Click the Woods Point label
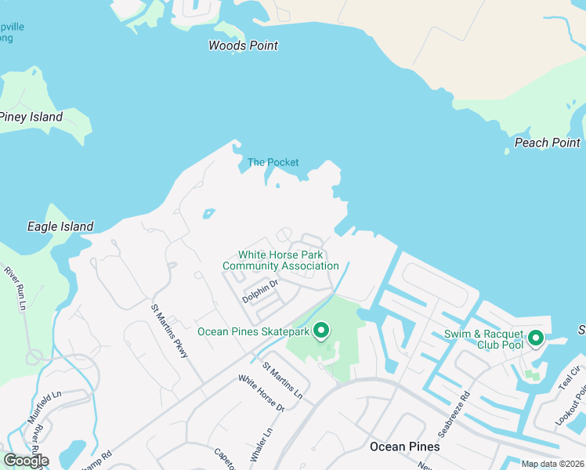tap(243, 45)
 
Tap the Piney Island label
tap(31, 117)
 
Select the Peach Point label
tap(548, 143)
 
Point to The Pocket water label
tap(273, 162)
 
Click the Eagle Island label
tap(60, 226)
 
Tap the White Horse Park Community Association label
tap(280, 260)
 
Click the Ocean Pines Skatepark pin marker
tap(320, 331)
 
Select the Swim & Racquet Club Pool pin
tap(536, 338)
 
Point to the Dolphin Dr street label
tap(260, 292)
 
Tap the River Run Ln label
tap(16, 287)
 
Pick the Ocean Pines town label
tap(404, 446)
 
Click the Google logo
tap(25, 461)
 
